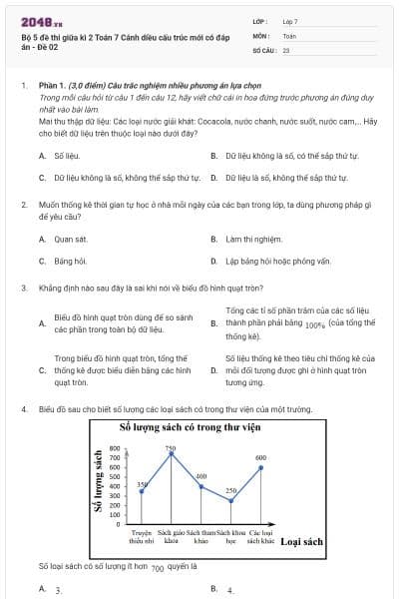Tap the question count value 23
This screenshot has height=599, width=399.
pyautogui.click(x=286, y=49)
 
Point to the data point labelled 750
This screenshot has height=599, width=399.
pyautogui.click(x=171, y=453)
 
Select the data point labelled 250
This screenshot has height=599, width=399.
pyautogui.click(x=230, y=500)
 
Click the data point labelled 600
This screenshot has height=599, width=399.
pyautogui.click(x=261, y=467)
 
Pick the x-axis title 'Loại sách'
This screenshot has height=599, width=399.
pyautogui.click(x=301, y=542)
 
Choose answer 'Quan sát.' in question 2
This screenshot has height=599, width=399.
pyautogui.click(x=63, y=239)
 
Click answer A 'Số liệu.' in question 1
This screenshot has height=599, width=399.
pyautogui.click(x=65, y=156)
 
